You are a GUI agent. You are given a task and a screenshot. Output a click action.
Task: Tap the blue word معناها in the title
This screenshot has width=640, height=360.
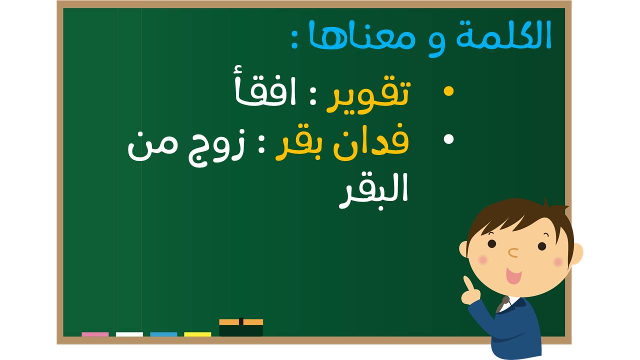(x=361, y=35)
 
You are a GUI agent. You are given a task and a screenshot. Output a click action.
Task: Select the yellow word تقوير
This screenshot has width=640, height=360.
(x=369, y=95)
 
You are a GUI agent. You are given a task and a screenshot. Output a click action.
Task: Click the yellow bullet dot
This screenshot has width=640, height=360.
(x=448, y=91)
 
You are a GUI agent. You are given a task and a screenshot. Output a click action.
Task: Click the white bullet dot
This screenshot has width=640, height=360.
(x=448, y=139)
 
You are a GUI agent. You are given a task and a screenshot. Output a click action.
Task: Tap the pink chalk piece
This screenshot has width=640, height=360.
(x=95, y=334)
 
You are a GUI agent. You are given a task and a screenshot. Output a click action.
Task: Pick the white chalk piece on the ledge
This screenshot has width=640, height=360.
(x=129, y=334)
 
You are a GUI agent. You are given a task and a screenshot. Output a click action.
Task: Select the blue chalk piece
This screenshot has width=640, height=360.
(x=163, y=334)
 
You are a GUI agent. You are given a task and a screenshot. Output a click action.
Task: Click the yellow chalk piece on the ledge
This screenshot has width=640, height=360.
(x=197, y=334)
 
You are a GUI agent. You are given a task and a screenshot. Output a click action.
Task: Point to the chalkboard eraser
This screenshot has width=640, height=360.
(x=241, y=327)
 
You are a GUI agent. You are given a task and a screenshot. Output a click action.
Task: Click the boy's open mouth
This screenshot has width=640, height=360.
(x=513, y=275)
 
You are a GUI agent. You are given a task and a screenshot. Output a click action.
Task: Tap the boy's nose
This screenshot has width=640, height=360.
(x=513, y=253)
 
